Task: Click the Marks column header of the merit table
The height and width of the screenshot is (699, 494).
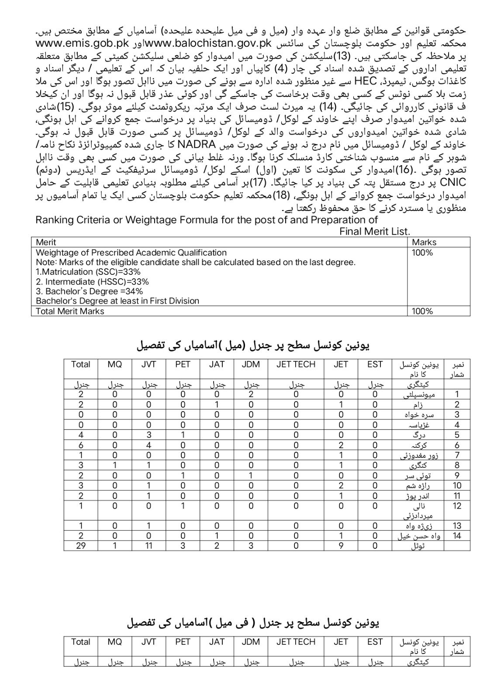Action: (x=424, y=242)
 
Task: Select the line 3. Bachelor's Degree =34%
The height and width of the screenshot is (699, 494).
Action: (x=89, y=291)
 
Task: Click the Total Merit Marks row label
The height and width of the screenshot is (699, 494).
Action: (x=70, y=311)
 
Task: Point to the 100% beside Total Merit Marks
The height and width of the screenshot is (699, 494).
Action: (x=422, y=311)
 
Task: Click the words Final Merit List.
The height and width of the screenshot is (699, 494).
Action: (x=374, y=231)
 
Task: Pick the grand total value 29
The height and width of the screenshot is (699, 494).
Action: (x=81, y=546)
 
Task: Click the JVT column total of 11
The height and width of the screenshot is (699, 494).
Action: (x=149, y=546)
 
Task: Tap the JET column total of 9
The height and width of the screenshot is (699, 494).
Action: (x=341, y=546)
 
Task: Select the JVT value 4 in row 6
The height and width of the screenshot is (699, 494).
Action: (x=149, y=445)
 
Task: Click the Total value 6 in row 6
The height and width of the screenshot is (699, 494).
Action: (x=81, y=445)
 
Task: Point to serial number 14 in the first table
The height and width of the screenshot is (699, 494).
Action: (x=457, y=536)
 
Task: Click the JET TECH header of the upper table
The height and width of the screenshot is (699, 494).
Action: (x=296, y=364)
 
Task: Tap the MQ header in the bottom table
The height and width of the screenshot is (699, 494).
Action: (x=115, y=642)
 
